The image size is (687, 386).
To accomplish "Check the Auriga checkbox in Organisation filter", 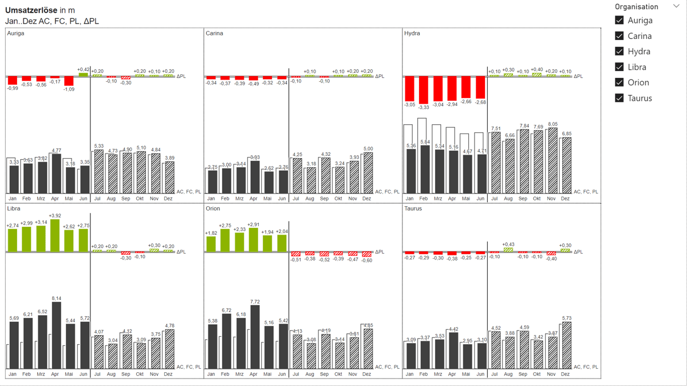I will (619, 20).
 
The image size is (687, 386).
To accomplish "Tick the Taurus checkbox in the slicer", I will (619, 98).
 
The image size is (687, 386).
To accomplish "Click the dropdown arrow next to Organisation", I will (676, 7).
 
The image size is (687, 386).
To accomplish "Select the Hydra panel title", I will (412, 33).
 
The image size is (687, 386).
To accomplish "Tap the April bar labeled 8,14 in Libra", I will (56, 335).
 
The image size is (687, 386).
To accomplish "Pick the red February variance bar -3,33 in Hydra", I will (424, 89).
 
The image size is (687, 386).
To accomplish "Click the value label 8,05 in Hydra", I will (552, 124).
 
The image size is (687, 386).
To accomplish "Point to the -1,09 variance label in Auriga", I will (69, 89).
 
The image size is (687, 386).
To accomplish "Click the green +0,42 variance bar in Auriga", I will (83, 74).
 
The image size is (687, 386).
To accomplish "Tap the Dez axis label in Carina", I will (366, 199).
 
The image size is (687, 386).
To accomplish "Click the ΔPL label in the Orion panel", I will (380, 252).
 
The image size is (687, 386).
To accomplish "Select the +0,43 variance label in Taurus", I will (508, 245).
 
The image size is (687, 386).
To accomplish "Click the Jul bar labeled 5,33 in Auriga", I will (98, 172).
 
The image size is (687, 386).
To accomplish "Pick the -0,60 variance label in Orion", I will (366, 261).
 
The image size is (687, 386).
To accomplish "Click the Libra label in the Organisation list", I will (637, 67).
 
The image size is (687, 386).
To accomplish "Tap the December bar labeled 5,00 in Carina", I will (368, 173).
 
